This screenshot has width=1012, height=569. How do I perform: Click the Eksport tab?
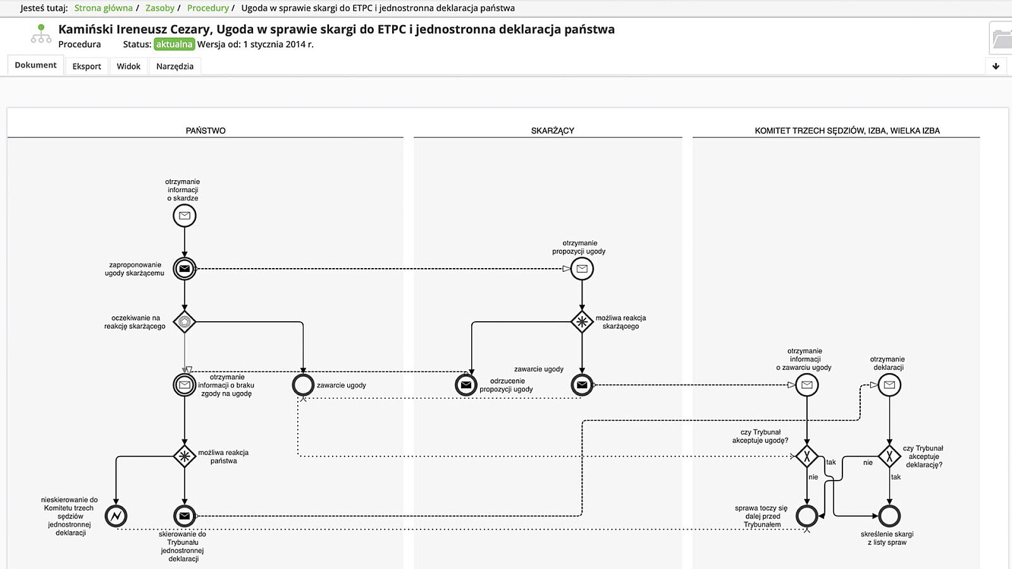[87, 66]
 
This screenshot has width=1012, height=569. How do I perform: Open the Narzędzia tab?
[175, 66]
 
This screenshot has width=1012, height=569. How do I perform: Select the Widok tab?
[128, 66]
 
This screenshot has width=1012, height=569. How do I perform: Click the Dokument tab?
[35, 65]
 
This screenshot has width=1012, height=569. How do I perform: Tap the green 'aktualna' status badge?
[174, 44]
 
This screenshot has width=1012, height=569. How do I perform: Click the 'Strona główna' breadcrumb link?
[103, 8]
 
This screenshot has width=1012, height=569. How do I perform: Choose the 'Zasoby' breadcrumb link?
[159, 8]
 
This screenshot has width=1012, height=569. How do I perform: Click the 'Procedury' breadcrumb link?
[207, 8]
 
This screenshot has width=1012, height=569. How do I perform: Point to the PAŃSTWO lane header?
[206, 131]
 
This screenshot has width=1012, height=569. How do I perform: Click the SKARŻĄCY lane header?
[552, 131]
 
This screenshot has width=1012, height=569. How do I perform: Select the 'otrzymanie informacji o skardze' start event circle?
[185, 216]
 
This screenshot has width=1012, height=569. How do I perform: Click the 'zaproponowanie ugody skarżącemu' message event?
[185, 269]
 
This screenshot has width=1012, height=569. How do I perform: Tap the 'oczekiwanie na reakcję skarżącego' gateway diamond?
[185, 322]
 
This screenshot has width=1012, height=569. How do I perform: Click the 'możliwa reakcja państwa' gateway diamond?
[185, 456]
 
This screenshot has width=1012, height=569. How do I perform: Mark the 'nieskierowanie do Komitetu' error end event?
[116, 516]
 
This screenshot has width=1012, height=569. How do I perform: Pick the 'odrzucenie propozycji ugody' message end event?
[466, 385]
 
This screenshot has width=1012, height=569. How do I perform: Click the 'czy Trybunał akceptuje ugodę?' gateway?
[807, 456]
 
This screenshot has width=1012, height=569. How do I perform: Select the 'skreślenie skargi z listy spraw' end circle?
[889, 516]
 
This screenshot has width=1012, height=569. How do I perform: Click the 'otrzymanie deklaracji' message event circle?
[889, 385]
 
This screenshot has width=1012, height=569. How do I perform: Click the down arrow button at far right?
[996, 66]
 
